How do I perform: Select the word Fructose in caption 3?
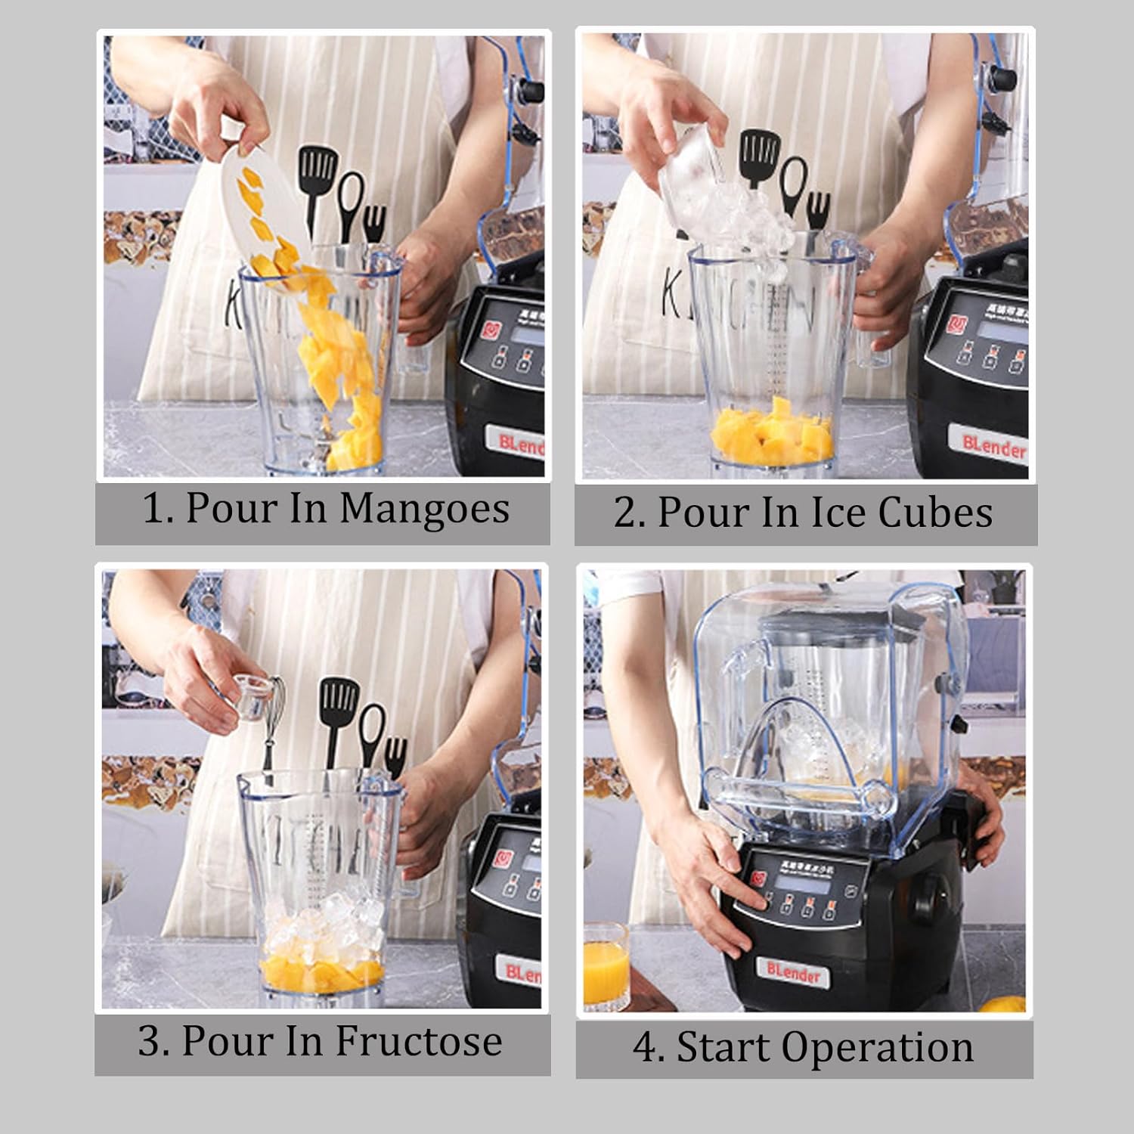point(419,1042)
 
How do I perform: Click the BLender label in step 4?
point(793,972)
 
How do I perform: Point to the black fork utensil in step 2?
point(817,208)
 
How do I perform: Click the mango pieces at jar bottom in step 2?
point(773,435)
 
